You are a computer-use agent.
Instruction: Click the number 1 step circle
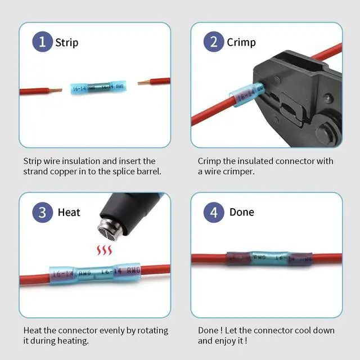tap(42, 42)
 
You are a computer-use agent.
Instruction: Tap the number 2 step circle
tap(214, 42)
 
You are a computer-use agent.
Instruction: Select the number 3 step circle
tap(42, 212)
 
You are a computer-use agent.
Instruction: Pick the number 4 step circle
tap(214, 212)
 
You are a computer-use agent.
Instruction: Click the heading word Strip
tap(66, 42)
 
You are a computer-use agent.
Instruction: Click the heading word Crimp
tap(241, 42)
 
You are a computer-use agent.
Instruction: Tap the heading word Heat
tap(69, 212)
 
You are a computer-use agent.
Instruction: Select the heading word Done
tap(241, 212)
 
